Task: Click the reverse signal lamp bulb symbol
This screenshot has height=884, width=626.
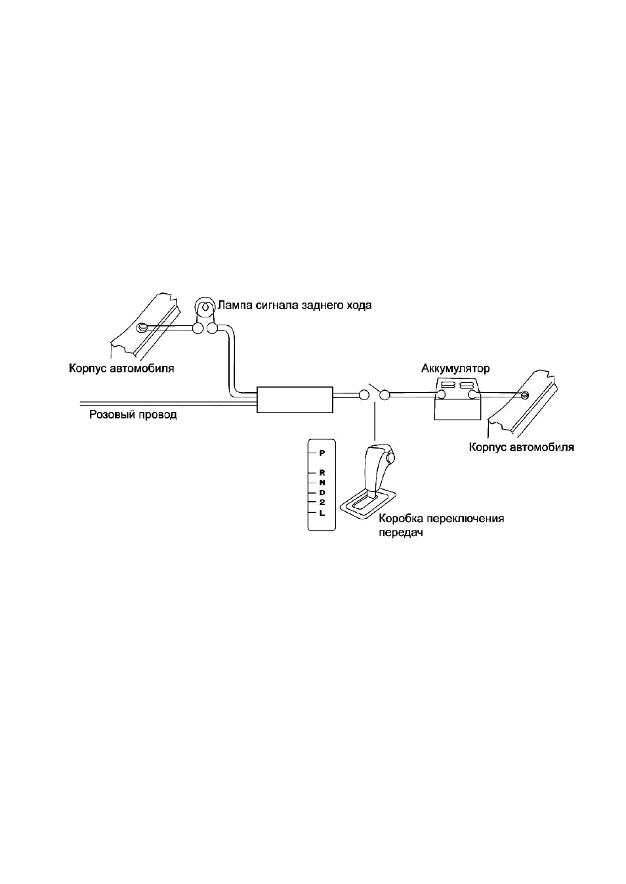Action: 205,307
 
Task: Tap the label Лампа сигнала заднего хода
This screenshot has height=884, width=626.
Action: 295,306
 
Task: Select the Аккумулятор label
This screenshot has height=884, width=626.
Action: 455,369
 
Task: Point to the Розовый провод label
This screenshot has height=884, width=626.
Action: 133,414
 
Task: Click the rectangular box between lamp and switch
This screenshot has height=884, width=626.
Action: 295,399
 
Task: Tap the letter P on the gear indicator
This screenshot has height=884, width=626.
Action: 322,453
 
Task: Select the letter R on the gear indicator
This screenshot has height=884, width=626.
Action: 322,472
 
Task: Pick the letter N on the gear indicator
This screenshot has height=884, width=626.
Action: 322,483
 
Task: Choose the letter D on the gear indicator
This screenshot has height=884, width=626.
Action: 322,493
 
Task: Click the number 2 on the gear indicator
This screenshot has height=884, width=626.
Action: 322,503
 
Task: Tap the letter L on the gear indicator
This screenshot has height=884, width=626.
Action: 322,513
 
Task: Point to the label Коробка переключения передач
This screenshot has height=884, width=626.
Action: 441,525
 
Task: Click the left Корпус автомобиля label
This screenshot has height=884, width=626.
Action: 121,369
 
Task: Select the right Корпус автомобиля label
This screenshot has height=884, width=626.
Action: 521,447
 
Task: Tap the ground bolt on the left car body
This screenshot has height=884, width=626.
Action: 141,327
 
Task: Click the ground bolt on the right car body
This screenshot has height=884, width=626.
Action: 524,394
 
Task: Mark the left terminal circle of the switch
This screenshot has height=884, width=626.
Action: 364,395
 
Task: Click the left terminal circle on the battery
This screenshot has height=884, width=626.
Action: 440,394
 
